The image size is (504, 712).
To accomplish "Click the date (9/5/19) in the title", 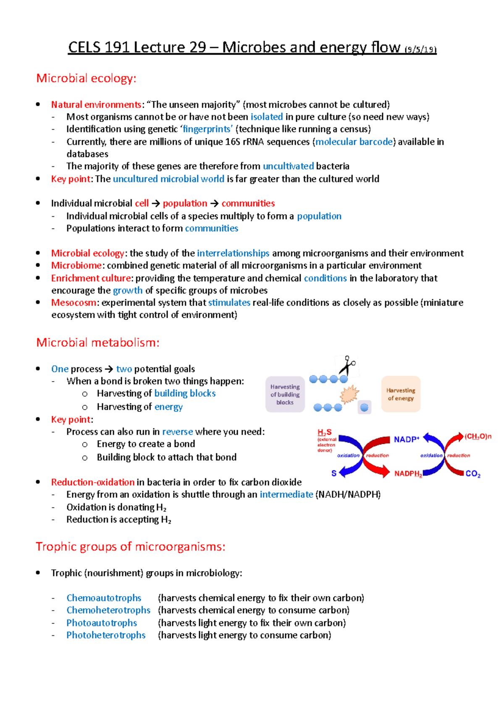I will coord(420,49).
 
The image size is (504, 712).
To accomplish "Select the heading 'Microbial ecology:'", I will coord(86,78).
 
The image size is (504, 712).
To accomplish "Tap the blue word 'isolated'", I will coord(267,117).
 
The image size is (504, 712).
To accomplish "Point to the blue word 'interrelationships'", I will coord(233,253).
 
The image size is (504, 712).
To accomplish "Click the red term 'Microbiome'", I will coord(76,265).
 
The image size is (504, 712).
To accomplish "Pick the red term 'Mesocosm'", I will coord(73,302).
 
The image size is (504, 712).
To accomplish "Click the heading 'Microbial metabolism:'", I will coord(97,343).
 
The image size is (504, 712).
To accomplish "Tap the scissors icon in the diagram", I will coord(347,366).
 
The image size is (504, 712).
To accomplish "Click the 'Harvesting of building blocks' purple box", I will coord(285,394).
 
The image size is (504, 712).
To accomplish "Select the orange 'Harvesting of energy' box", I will coord(401,394).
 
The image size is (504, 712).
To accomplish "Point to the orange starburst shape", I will coord(349,394).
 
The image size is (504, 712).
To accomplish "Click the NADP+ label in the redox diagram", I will coord(406,439).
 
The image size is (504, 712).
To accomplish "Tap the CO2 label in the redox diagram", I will coord(473,474).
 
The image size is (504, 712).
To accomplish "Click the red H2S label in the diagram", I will coord(325,432).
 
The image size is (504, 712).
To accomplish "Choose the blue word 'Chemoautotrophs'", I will coord(104,598).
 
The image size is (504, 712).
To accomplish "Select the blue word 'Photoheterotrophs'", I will coord(106,635).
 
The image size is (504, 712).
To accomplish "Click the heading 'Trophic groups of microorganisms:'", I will coord(131,547).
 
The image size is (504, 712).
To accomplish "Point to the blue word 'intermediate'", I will coord(286,494).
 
